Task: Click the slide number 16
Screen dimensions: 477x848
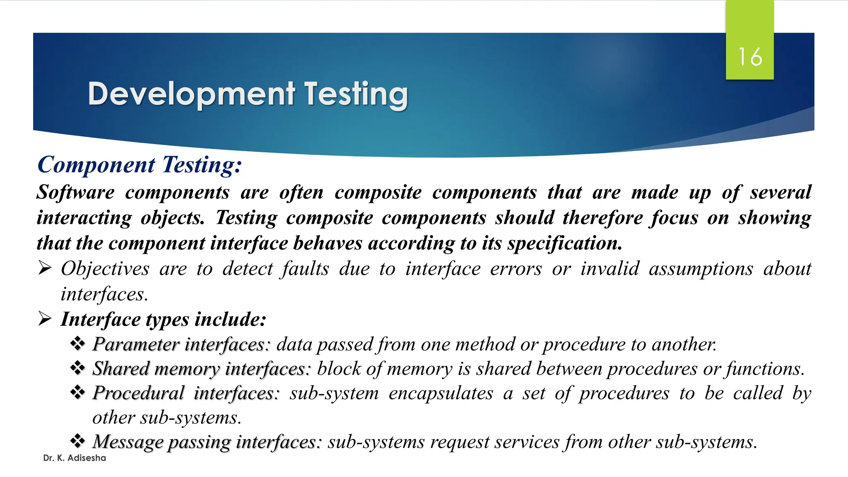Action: point(750,57)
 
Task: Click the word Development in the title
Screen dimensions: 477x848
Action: point(192,94)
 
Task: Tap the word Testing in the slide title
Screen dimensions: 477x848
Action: point(357,94)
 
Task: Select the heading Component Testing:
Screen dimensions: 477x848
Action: point(140,165)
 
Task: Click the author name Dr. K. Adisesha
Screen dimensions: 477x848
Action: point(75,458)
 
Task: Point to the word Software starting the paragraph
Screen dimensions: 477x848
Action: point(75,193)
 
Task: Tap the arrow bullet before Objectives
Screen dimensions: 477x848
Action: point(45,268)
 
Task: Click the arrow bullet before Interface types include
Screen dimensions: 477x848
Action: point(45,319)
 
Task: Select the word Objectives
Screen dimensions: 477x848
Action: point(105,269)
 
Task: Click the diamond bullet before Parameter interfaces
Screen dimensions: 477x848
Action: point(77,344)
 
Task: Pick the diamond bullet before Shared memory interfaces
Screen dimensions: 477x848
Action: point(77,368)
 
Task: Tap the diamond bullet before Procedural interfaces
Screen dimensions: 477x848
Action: point(77,393)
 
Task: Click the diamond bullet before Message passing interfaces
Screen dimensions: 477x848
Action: point(77,441)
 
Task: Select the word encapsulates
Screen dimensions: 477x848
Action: point(441,393)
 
